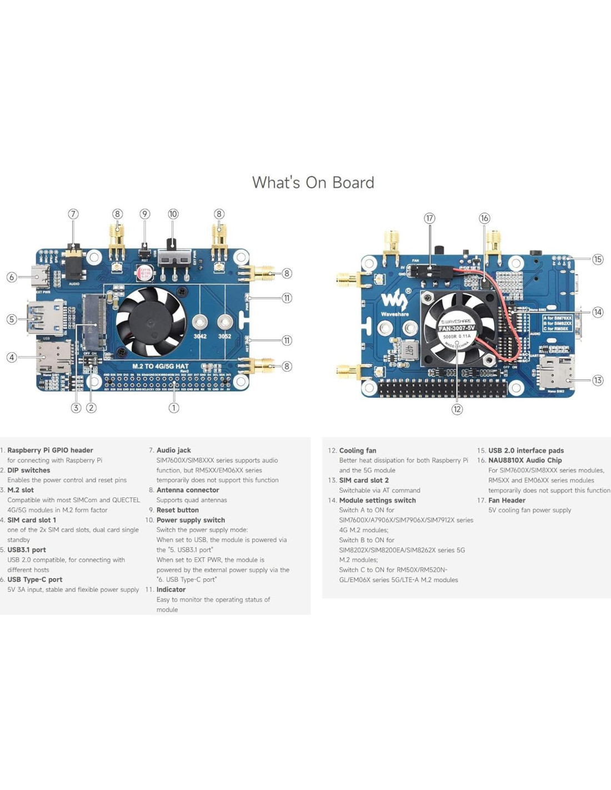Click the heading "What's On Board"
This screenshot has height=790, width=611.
313,182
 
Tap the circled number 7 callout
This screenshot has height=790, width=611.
73,214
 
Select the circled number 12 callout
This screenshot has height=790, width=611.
457,409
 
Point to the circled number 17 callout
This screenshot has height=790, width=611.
429,218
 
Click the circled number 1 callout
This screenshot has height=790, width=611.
174,408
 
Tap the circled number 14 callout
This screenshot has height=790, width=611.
598,312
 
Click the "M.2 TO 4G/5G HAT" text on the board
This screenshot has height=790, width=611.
160,366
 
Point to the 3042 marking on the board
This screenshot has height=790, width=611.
200,336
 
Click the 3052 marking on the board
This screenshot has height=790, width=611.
224,336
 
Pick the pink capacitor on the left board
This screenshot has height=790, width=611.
146,273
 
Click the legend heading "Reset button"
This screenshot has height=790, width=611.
177,510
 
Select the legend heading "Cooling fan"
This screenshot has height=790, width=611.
358,451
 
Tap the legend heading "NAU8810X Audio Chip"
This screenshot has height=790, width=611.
525,460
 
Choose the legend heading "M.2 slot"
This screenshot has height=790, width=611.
21,490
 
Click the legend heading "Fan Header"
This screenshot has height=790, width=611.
507,500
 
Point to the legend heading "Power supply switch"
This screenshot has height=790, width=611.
191,520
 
